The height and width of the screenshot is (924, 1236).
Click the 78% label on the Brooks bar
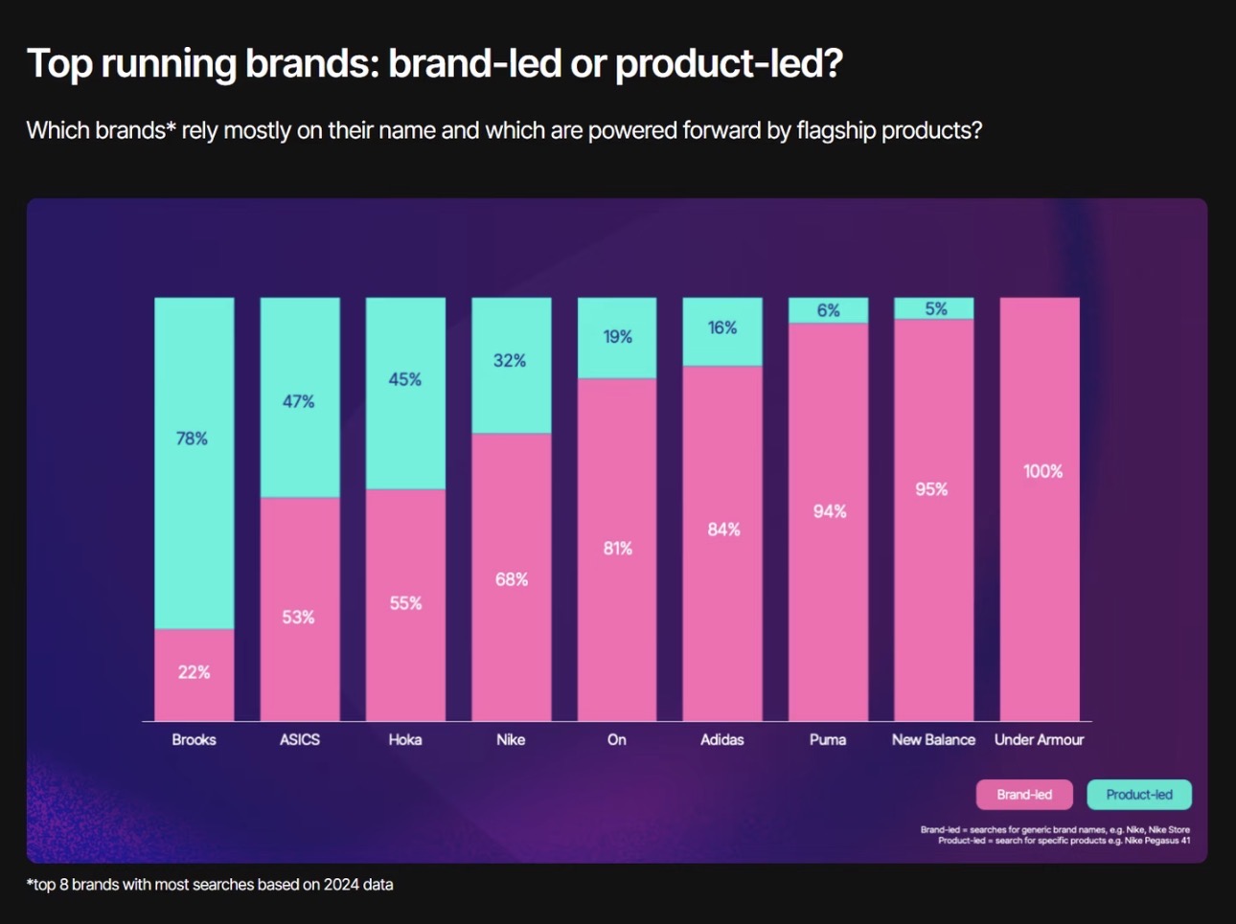coord(192,439)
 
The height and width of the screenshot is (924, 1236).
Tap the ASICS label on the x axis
coord(300,739)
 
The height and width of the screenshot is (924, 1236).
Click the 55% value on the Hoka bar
coord(405,603)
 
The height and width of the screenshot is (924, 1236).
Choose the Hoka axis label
coord(405,739)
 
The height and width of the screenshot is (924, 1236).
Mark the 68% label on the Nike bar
coord(512,579)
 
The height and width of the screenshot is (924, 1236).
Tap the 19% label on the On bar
coord(617,337)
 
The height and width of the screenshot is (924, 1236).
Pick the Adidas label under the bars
coord(721,739)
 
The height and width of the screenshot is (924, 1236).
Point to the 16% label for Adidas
coord(722,327)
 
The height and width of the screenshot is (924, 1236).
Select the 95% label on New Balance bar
coord(931,489)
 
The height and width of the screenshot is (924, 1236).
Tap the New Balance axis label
coord(933,739)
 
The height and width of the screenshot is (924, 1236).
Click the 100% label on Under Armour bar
coord(1042,471)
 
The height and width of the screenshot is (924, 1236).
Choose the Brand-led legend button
coord(1024,795)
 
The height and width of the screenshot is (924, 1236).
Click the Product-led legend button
coord(1139,795)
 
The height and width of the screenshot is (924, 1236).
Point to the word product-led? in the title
coord(728,64)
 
